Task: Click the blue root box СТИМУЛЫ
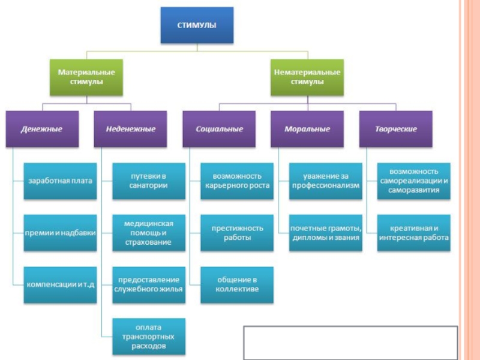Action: [197, 26]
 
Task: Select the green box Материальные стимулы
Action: [86, 77]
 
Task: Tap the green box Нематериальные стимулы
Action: [307, 77]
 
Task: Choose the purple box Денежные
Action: [42, 129]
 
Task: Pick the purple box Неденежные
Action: [131, 129]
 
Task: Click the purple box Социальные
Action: [220, 129]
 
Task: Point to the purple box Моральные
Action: [307, 129]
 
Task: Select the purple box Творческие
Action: [396, 129]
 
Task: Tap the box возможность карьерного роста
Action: [237, 181]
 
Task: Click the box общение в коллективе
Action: [237, 284]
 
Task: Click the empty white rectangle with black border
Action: [351, 341]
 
